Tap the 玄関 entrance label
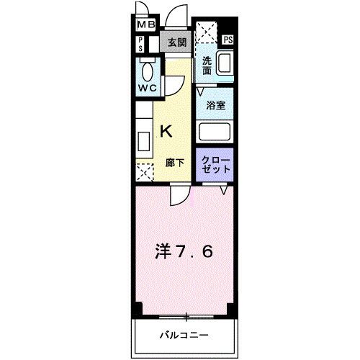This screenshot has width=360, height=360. tap(176, 42)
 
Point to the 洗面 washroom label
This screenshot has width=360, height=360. tap(207, 66)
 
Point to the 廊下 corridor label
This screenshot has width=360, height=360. tap(175, 163)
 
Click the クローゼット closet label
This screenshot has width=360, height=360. tap(216, 163)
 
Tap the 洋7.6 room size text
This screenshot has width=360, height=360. tap(184, 252)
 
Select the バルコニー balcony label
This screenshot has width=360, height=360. tap(184, 336)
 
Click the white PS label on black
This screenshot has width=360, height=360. tap(228, 40)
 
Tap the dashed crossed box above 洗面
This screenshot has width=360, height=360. tap(208, 33)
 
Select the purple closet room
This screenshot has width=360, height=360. tap(216, 164)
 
